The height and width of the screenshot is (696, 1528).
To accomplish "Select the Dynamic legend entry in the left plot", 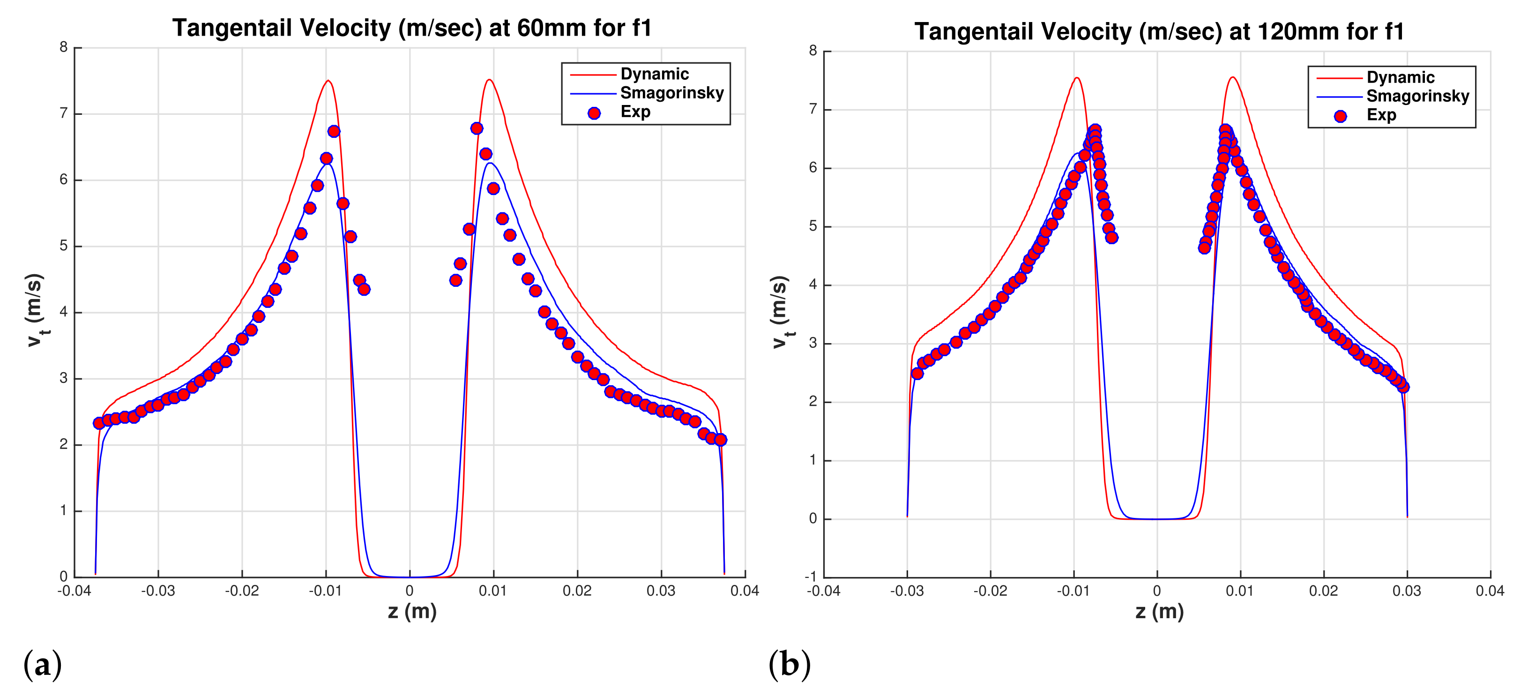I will click(x=654, y=74).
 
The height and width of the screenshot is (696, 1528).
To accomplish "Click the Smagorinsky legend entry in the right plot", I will click(x=1418, y=96).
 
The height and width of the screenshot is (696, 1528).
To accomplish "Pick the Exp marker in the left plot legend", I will click(x=594, y=113).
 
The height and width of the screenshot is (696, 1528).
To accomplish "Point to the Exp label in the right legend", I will click(x=1381, y=115).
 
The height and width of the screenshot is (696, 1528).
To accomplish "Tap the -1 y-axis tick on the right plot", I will click(x=810, y=577).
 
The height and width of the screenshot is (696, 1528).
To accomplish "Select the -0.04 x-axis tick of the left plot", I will click(x=74, y=591).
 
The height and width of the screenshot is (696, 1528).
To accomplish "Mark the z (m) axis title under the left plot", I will click(x=412, y=611).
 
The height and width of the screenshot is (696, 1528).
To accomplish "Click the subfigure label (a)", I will click(x=42, y=664).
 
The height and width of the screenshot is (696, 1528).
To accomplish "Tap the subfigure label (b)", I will click(x=789, y=664).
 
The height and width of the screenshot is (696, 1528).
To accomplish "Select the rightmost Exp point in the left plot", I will click(x=721, y=440).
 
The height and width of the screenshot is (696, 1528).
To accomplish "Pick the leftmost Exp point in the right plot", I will click(x=917, y=373).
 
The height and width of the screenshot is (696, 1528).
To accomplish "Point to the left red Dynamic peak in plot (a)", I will click(x=328, y=81).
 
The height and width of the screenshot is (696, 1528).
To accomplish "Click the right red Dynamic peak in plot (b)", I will click(x=1233, y=77).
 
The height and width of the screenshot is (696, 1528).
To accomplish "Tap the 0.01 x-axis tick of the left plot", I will click(x=493, y=591).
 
